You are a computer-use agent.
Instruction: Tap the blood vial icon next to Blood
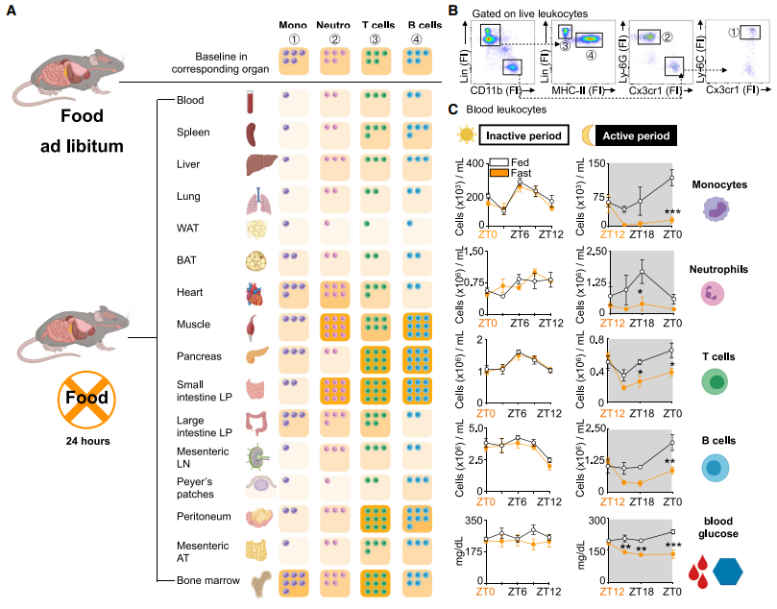(x=252, y=100)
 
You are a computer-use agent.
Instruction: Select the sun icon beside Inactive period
(x=464, y=134)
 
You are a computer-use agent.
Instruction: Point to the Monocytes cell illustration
(x=716, y=208)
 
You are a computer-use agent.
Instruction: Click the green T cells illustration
(x=716, y=382)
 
